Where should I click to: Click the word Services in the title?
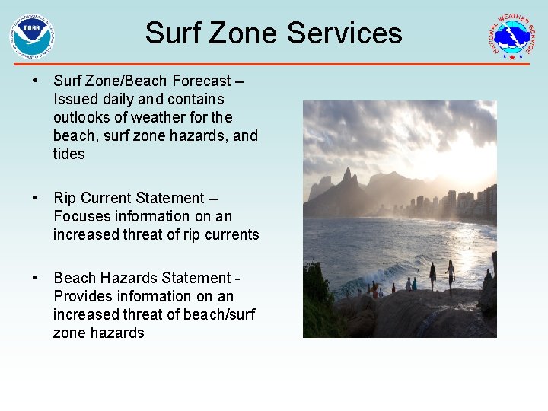click(345, 33)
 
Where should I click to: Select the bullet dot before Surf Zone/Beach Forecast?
click(36, 81)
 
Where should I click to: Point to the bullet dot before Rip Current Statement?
click(36, 199)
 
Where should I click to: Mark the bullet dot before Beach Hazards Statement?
click(36, 279)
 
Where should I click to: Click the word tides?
click(69, 155)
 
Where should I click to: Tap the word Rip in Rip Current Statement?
click(65, 199)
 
